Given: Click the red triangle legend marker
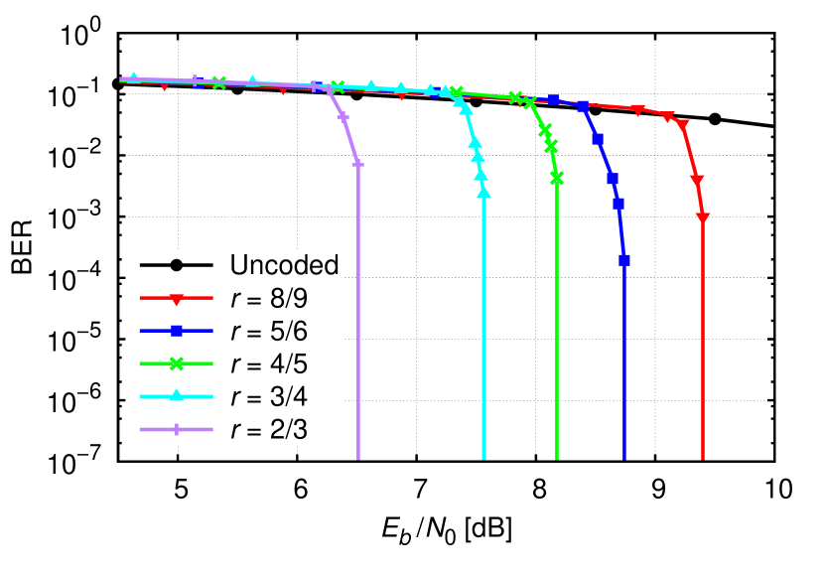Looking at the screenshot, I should (176, 298).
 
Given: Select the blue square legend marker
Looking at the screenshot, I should (176, 331).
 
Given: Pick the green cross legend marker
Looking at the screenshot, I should (176, 363).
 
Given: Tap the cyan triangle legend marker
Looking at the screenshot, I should (176, 395).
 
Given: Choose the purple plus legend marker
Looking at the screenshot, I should (176, 429).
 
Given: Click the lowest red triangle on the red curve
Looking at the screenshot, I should (703, 217).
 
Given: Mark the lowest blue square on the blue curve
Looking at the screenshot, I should (624, 259).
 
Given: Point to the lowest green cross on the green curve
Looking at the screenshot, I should (557, 178).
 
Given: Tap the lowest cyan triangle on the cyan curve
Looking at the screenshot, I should (483, 192).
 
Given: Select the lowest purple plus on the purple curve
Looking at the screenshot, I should (357, 164).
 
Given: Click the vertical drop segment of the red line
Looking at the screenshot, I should (703, 348).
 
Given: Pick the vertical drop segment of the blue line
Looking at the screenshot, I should (624, 367).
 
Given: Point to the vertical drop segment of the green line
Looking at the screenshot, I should (557, 328).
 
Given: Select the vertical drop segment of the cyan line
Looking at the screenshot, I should (483, 328).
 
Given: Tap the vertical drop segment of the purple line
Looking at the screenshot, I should (357, 318).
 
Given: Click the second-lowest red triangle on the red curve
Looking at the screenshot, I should (697, 180).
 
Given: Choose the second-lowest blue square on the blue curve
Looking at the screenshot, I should (618, 204).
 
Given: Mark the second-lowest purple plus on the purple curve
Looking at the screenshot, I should (343, 116).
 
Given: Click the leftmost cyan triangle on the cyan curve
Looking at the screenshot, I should (134, 76).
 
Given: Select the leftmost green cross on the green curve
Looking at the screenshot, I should (218, 82).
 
